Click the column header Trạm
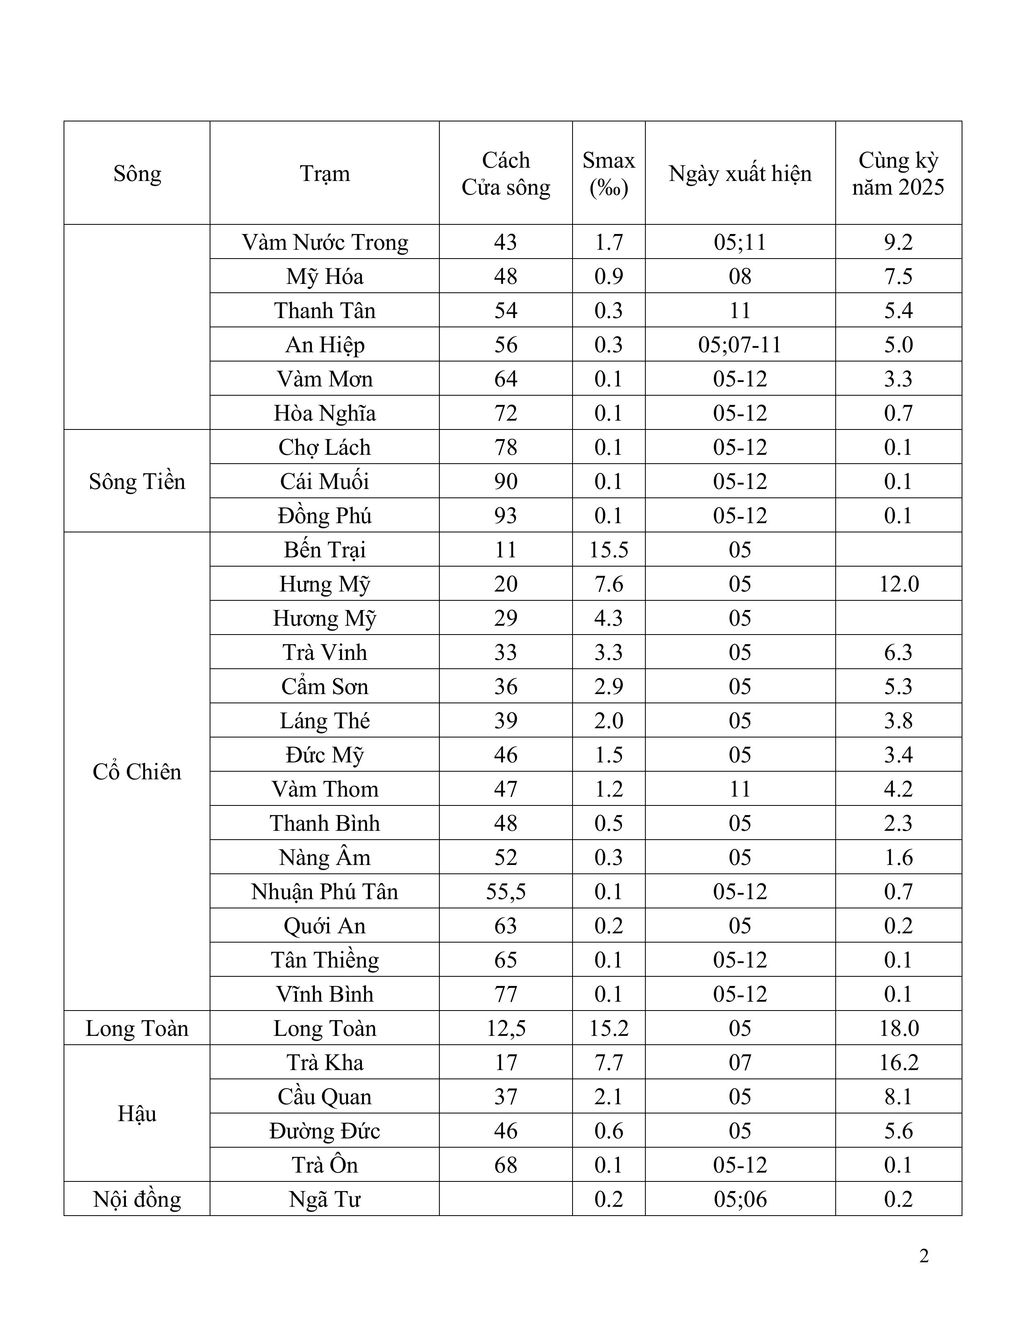pos(325,174)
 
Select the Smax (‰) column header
pos(608,174)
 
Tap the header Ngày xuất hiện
pos(740,174)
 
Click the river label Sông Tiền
pos(137,482)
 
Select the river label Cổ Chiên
pos(137,772)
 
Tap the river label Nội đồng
pos(137,1200)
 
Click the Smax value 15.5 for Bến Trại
pos(608,550)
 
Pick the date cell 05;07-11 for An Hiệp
pos(740,345)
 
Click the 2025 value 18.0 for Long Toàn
pos(898,1029)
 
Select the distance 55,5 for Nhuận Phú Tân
pos(506,892)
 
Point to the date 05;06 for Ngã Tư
pos(740,1200)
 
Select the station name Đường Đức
pos(325,1131)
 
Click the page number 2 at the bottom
pos(924,1256)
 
